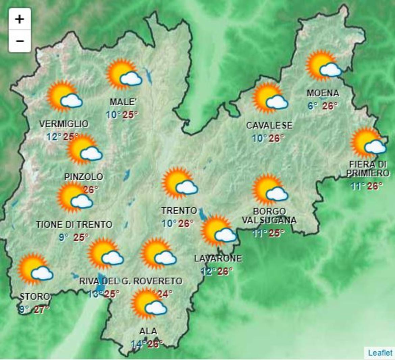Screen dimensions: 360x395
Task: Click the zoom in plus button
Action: coord(20,19)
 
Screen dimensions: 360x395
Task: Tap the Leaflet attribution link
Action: coord(380,353)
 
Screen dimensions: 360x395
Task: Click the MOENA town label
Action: coord(323,93)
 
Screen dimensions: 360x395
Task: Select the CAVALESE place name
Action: coord(269,126)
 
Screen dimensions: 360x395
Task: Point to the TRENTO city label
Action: coord(179,211)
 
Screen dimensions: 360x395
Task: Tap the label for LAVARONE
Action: coord(218,259)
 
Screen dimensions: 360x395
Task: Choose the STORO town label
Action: coord(35,297)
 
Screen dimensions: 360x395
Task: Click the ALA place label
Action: coord(148,331)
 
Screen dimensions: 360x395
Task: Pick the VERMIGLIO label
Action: coord(64,124)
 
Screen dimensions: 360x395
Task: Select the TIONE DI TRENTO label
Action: coord(74,225)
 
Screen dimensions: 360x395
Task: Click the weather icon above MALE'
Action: coord(124,75)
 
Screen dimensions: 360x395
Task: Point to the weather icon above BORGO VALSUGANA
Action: coord(270,190)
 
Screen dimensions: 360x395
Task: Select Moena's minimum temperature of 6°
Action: coord(312,106)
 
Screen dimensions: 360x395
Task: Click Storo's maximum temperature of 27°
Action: coord(42,309)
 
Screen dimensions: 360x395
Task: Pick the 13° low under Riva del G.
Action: coord(95,294)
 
